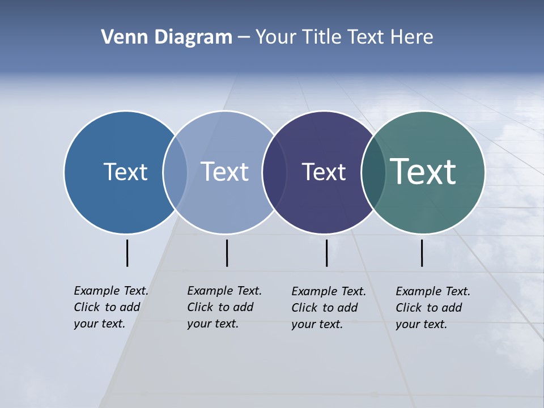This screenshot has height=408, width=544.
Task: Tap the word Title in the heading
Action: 321,37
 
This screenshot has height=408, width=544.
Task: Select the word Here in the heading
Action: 412,37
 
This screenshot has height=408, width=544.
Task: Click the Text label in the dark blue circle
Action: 125,172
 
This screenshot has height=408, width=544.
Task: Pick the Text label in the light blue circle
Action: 224,172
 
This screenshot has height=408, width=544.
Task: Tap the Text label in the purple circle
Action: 324,172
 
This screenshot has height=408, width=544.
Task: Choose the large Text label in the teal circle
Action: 423,172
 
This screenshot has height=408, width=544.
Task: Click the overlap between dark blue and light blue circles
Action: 175,172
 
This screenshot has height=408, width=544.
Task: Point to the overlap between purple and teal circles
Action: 373,172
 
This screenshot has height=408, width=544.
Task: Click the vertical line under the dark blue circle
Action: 127,253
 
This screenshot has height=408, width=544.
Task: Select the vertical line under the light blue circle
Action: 227,253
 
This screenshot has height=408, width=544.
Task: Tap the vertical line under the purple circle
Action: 326,253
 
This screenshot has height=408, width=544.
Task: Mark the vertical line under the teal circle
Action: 422,253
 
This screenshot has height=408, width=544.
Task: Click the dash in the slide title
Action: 244,37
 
